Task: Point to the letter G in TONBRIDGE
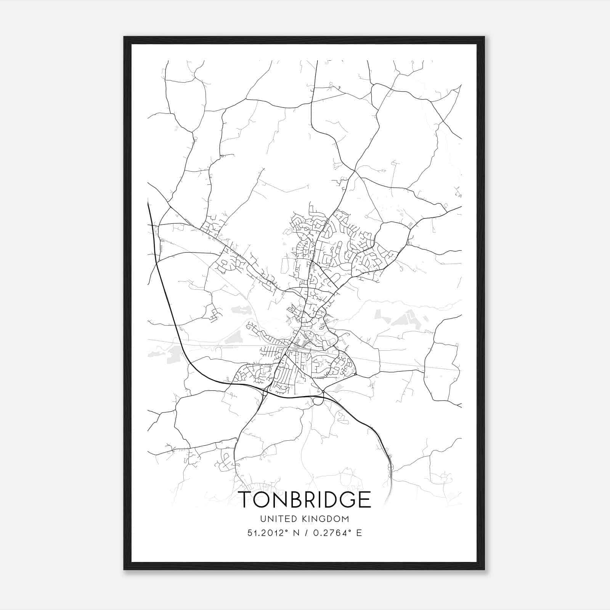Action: point(346,499)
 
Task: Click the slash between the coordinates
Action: point(303,533)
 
